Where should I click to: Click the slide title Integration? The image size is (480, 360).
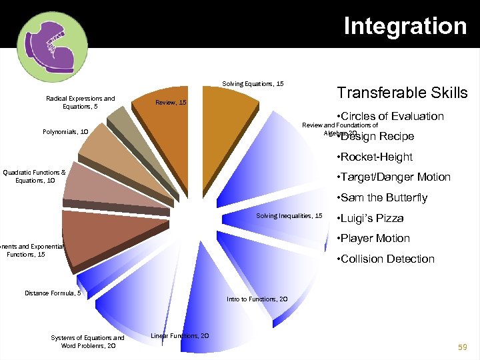tap(405, 26)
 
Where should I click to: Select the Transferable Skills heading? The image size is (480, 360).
tap(402, 93)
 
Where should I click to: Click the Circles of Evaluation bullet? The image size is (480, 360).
tap(391, 116)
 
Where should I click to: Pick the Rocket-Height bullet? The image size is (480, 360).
tap(375, 157)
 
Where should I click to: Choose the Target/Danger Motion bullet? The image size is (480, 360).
tap(394, 177)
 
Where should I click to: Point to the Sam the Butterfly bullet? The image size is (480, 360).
tap(383, 197)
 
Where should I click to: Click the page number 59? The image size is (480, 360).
tap(462, 347)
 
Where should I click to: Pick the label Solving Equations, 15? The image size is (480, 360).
tap(253, 84)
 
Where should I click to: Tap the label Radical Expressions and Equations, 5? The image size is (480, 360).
tap(80, 103)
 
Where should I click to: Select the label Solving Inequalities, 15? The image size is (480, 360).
tap(289, 215)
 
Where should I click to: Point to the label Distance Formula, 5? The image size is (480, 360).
tap(53, 293)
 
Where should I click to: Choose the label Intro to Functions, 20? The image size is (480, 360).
tap(257, 299)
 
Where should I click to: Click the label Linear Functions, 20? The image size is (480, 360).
tap(180, 335)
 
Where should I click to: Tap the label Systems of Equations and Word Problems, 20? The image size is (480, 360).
tap(87, 341)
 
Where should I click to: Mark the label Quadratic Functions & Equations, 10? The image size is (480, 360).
tap(34, 176)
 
